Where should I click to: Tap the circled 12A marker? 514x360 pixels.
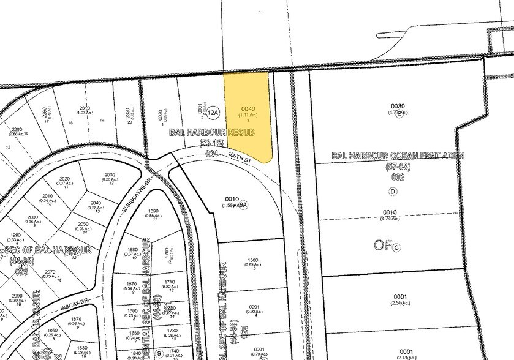pyautogui.click(x=213, y=113)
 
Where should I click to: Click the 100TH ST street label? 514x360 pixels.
pyautogui.click(x=240, y=157)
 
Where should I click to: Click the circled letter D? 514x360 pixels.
pyautogui.click(x=392, y=191)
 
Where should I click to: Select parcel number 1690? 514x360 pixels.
pyautogui.click(x=153, y=211)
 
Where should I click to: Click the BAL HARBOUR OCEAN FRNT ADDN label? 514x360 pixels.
pyautogui.click(x=398, y=156)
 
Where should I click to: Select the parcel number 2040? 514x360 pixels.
pyautogui.click(x=96, y=203)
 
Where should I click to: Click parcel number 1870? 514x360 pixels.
pyautogui.click(x=76, y=319)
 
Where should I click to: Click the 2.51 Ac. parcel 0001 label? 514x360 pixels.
pyautogui.click(x=400, y=298)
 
